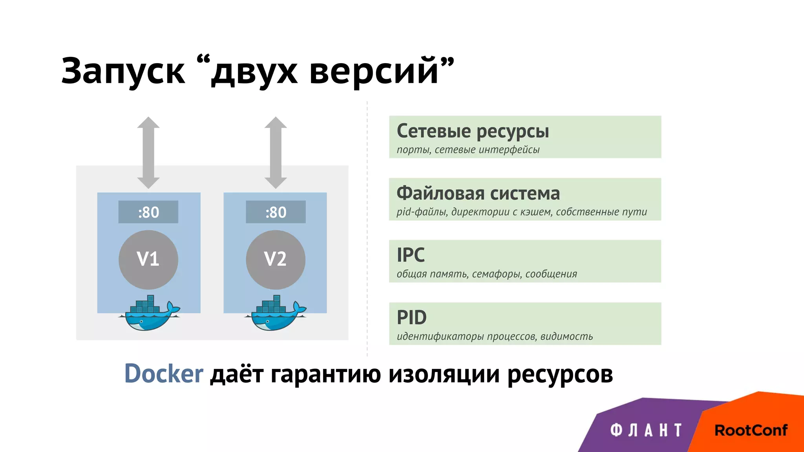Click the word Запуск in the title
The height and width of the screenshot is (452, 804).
(122, 71)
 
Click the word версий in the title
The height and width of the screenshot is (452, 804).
(373, 71)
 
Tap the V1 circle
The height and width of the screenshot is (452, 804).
(148, 260)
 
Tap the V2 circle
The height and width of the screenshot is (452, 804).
(276, 260)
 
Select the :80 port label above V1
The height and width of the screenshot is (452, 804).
(148, 212)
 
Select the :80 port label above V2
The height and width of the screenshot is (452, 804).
(276, 212)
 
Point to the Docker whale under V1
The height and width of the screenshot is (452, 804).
(149, 314)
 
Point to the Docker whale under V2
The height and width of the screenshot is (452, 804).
(276, 314)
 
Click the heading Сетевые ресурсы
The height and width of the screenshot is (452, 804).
(473, 131)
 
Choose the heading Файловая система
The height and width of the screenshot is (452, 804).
(478, 193)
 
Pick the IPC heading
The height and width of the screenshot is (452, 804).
(411, 255)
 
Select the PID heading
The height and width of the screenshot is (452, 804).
(411, 317)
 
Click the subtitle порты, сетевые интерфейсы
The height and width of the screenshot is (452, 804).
(468, 150)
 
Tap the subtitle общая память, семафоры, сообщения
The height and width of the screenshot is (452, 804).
(487, 274)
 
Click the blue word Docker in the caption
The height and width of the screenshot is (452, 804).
(164, 374)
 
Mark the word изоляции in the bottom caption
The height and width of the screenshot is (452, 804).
(444, 374)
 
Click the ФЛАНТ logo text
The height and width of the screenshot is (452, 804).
(646, 430)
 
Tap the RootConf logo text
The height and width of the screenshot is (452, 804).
(751, 430)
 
